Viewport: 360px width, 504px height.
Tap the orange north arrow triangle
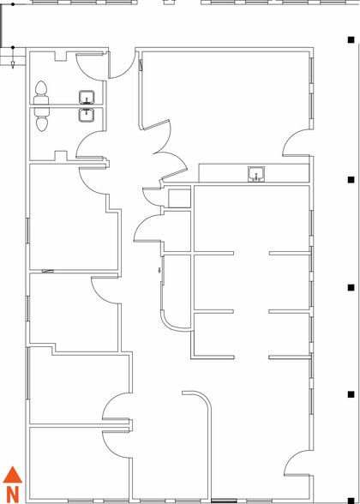(x=13, y=475)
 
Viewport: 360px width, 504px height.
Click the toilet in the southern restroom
(x=41, y=119)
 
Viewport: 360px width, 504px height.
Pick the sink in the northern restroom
(x=87, y=97)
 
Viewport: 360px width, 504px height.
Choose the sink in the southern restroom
(x=87, y=115)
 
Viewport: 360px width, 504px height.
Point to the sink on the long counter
(x=256, y=174)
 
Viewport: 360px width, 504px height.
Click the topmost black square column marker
(x=351, y=39)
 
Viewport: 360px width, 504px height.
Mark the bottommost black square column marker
(x=351, y=501)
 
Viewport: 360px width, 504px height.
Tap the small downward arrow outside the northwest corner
(x=13, y=63)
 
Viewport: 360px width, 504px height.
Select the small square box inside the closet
(x=179, y=198)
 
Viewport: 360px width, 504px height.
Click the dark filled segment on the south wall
(x=224, y=501)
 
